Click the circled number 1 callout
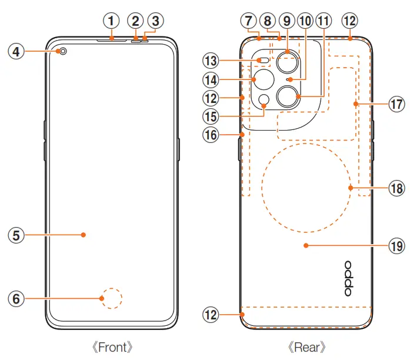(111, 21)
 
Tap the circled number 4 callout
(16, 52)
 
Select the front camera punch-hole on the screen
(62, 52)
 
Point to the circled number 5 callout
(16, 235)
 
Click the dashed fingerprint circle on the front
(111, 299)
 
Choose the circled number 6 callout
(16, 299)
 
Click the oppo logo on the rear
(348, 279)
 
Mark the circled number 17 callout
(396, 104)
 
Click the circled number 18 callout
(396, 188)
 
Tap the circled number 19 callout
(396, 246)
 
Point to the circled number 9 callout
(287, 21)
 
